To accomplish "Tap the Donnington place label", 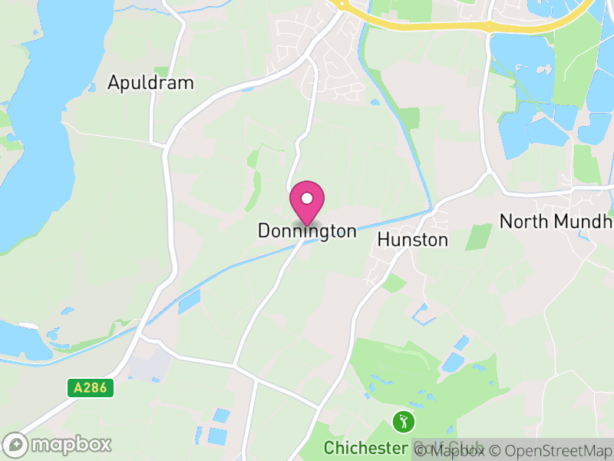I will (x=307, y=230).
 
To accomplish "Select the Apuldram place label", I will (x=150, y=83).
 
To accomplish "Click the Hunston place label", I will (x=412, y=240).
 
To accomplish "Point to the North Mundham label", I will (x=556, y=221).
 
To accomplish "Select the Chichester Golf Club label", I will (x=403, y=447).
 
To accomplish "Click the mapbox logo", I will (x=58, y=444).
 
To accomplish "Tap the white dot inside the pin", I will (x=307, y=199).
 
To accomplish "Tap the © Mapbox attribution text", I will (x=452, y=450).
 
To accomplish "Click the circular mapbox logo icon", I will (x=15, y=444).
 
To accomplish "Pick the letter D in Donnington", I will (x=263, y=230).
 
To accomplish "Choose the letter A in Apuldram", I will (x=114, y=83).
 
